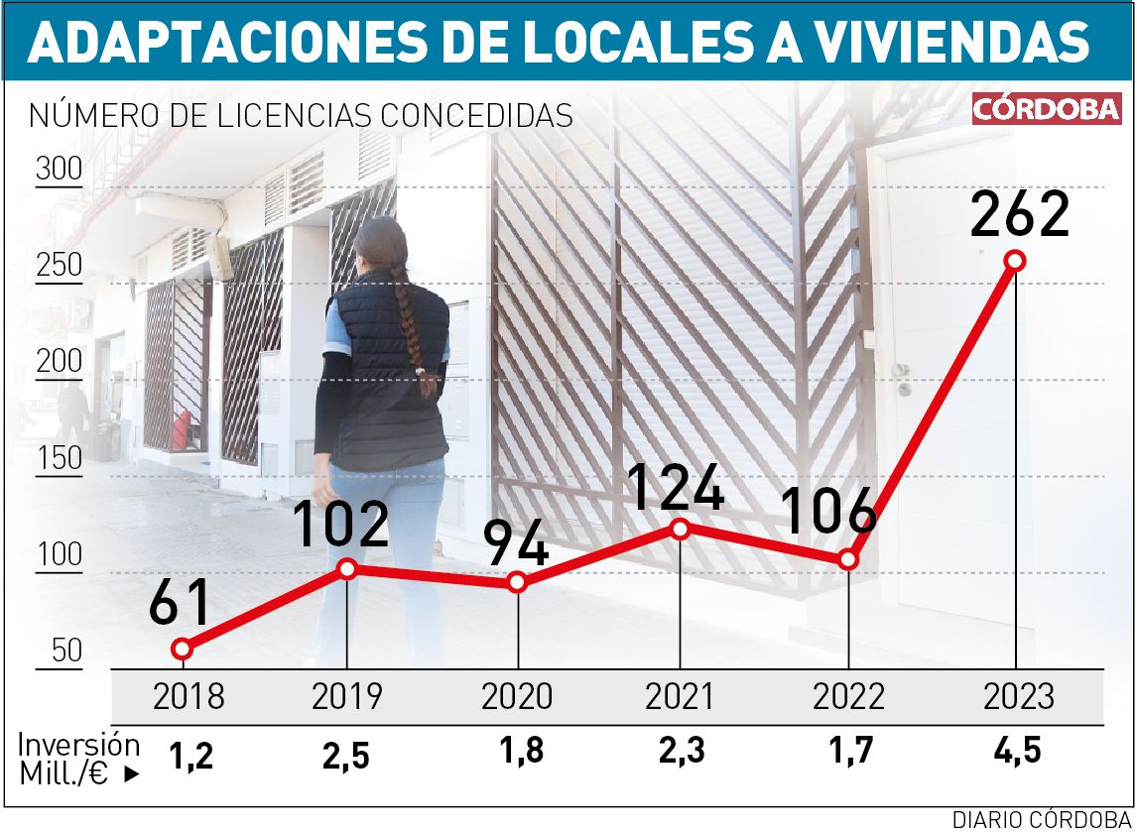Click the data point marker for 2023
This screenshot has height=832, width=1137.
point(1014,261)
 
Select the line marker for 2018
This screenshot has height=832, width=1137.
point(181,649)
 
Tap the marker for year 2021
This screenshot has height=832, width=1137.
point(680,529)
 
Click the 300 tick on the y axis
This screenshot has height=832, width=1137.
point(60,170)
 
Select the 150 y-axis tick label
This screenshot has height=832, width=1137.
point(60,459)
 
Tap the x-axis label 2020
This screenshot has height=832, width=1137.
point(517,696)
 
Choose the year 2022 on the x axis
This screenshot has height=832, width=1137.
point(848,696)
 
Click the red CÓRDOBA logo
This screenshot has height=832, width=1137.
point(1047,109)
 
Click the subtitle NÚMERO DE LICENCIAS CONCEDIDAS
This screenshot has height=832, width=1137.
point(302,115)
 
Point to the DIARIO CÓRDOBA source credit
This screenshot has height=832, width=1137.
point(1042,818)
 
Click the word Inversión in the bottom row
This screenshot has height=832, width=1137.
point(79,745)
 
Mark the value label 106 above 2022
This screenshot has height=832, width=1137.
point(828,513)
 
